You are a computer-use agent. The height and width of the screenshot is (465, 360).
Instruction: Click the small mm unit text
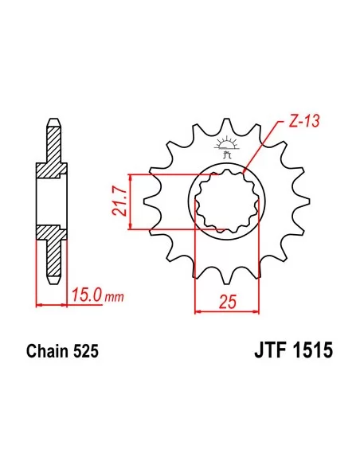tap(115, 298)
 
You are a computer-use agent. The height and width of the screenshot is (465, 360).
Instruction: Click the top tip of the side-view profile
tap(52, 123)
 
